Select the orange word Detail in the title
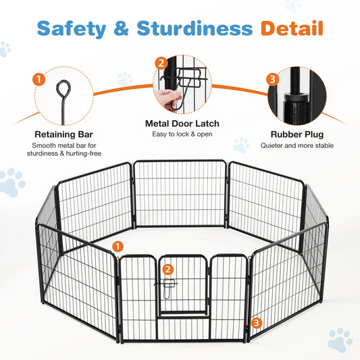292,28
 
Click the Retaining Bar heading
64,134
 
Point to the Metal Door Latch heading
180,124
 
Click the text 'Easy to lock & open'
180,135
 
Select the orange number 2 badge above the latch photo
161,63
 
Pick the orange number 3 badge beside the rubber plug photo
272,79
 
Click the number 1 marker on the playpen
119,247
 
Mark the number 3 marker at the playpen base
255,323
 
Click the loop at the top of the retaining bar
63,88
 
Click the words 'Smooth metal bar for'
64,145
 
